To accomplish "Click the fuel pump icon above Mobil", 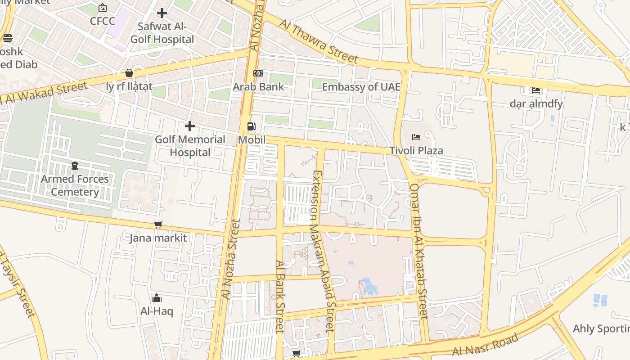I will point(252,127).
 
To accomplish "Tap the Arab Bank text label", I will point(258,87).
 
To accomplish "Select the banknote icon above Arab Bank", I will point(258,73).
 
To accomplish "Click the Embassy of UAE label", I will point(360,87).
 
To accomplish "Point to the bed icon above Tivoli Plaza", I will point(416,137).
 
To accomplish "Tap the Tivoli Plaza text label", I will point(416,150).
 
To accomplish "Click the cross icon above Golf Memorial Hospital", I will point(190,126).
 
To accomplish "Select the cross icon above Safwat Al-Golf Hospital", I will point(162,13).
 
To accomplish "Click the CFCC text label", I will point(103,21).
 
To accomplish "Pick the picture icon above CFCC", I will point(103,8).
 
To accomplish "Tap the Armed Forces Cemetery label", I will point(75,185).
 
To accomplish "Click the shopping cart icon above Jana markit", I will point(158,225).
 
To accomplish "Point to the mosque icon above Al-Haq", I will point(157,298).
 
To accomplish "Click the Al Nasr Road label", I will point(486,345).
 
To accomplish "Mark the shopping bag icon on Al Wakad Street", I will point(129,73).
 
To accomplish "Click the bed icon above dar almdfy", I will point(536,90).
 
